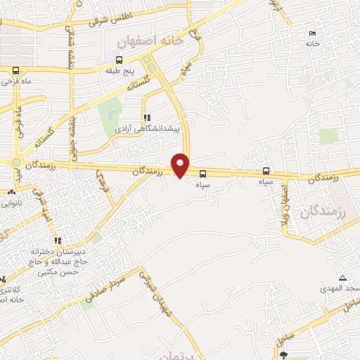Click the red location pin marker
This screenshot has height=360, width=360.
coord(181,165)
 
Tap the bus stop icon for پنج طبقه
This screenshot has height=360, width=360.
coord(119,60)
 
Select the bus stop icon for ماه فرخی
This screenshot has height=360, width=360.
coord(15,70)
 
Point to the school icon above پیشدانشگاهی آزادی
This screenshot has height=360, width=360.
coord(147,118)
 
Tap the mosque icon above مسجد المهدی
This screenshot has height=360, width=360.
coord(342,278)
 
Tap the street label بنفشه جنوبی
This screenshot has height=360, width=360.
coord(73,137)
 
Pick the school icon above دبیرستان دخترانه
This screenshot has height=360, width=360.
coord(58,240)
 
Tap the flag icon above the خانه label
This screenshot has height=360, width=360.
coord(313,34)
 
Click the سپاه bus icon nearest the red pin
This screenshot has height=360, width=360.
coord(203,173)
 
